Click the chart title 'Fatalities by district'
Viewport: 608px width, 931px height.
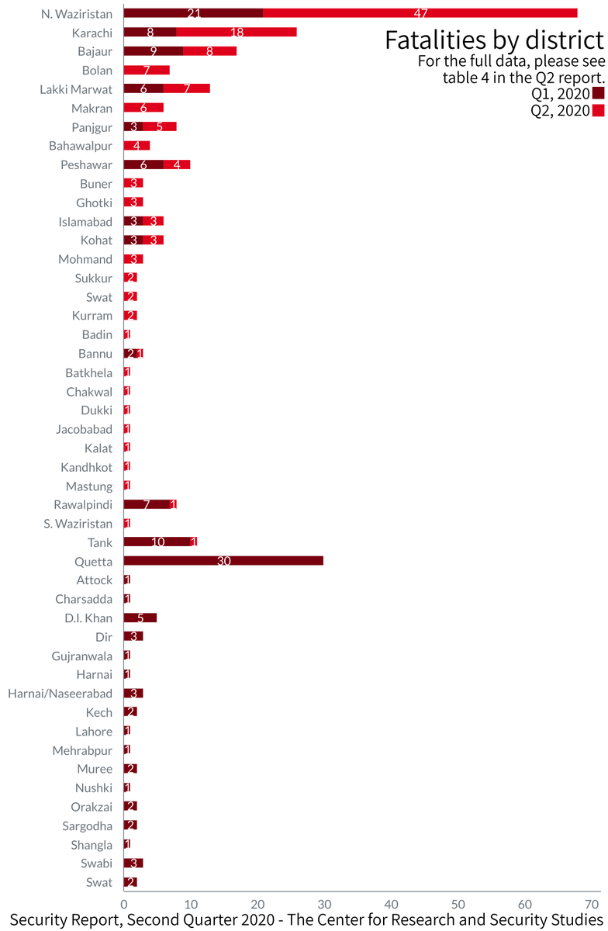click(493, 40)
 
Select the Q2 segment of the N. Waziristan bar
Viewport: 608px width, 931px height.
click(420, 13)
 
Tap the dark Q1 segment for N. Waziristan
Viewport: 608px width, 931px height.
click(193, 13)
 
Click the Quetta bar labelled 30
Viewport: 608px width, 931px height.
click(223, 561)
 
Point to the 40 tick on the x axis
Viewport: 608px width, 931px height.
click(392, 904)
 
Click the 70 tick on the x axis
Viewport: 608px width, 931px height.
click(592, 904)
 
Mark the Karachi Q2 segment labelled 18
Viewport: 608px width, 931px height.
click(237, 32)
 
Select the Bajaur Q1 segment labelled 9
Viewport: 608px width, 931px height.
click(154, 51)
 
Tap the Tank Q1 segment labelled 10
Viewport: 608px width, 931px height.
click(157, 542)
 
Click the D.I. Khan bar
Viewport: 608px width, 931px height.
click(140, 618)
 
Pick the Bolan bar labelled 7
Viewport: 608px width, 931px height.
click(147, 70)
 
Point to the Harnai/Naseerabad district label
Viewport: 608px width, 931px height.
click(60, 693)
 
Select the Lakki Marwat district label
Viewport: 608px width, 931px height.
click(76, 89)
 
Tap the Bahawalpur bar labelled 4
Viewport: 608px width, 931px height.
click(136, 146)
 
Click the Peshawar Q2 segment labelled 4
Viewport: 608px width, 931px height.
click(177, 164)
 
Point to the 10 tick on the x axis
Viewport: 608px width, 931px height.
click(191, 904)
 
